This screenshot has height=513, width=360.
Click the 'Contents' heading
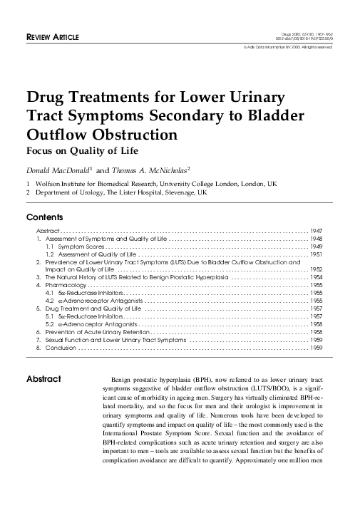[x=45, y=217]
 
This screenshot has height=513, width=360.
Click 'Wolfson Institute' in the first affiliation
[x=63, y=183]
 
